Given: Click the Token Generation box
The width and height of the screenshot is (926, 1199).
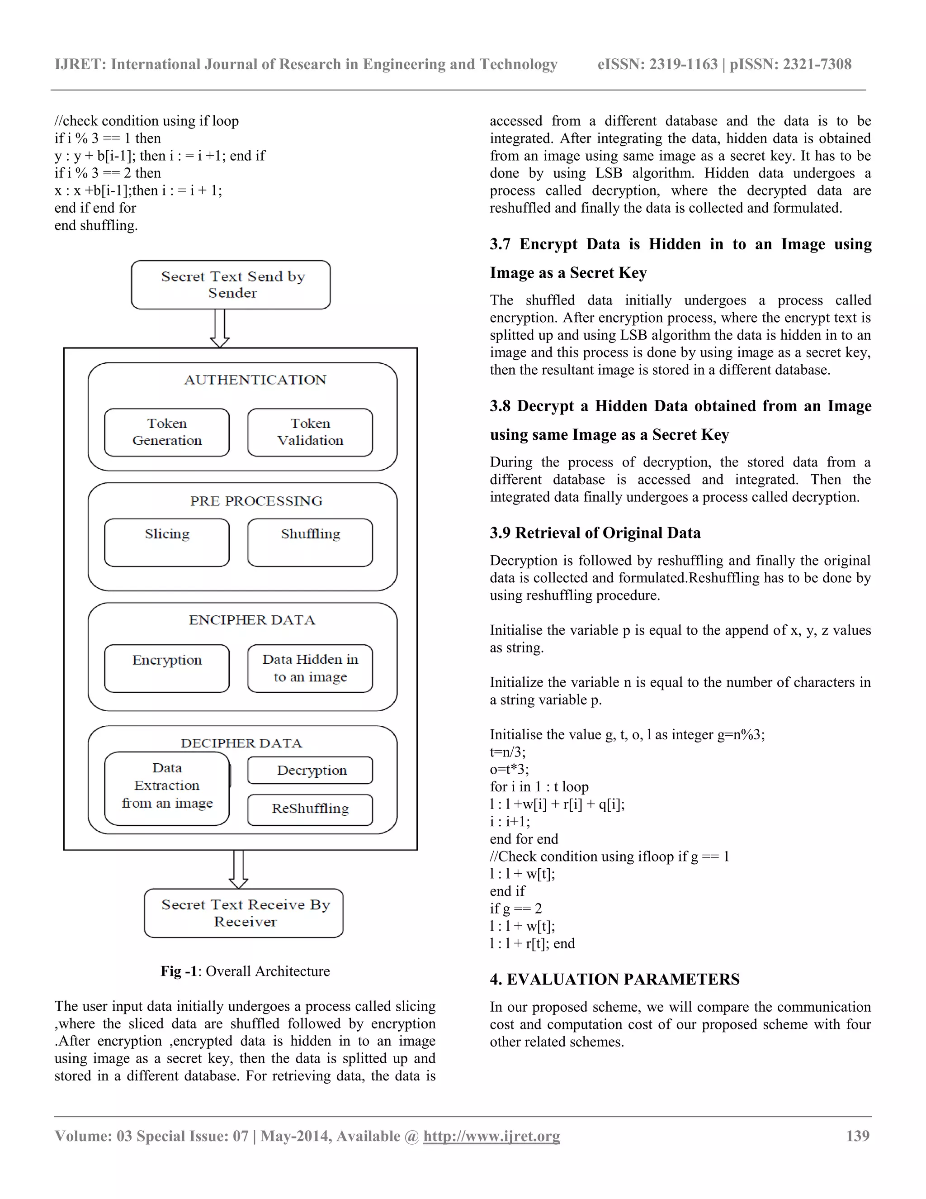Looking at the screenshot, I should tap(167, 432).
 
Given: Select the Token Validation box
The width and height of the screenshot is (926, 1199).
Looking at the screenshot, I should tap(310, 432).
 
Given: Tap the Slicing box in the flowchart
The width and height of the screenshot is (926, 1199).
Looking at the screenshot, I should tap(167, 542).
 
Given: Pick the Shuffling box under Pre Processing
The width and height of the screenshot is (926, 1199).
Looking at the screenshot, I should tap(310, 542).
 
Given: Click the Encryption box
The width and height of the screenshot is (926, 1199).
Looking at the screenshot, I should tap(167, 668).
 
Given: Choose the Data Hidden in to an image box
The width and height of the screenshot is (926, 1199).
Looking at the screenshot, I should tap(310, 668).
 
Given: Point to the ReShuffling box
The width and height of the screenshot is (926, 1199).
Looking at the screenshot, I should tap(310, 809).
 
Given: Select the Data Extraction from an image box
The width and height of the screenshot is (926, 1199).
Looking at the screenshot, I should tap(167, 788).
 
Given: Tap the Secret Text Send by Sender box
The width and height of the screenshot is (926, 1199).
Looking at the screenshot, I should tap(231, 285).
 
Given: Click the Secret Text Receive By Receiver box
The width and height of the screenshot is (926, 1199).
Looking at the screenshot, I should tap(244, 913).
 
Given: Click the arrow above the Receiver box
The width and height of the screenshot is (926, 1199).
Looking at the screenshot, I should tap(239, 869).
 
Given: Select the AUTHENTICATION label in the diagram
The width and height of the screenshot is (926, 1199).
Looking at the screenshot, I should tap(255, 380).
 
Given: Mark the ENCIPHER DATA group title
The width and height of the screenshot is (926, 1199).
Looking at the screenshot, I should tap(252, 620).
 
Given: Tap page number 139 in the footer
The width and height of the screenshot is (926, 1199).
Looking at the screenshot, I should tap(857, 1136).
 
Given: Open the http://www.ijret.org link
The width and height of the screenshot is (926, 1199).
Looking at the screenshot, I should tap(491, 1136).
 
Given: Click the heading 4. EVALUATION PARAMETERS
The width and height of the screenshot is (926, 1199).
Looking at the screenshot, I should tap(614, 980).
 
